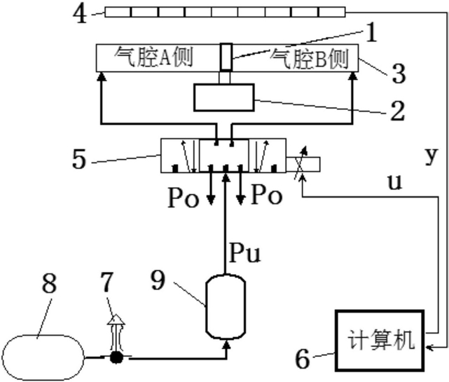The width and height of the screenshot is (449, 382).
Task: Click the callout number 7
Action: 108,284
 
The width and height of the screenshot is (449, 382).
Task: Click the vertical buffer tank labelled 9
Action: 226,306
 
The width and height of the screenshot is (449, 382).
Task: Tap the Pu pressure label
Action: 244,253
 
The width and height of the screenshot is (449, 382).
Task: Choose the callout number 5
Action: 78,159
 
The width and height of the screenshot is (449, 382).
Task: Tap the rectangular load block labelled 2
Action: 226,99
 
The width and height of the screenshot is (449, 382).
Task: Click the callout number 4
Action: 82,13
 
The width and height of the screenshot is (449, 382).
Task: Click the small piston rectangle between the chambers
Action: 226,57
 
